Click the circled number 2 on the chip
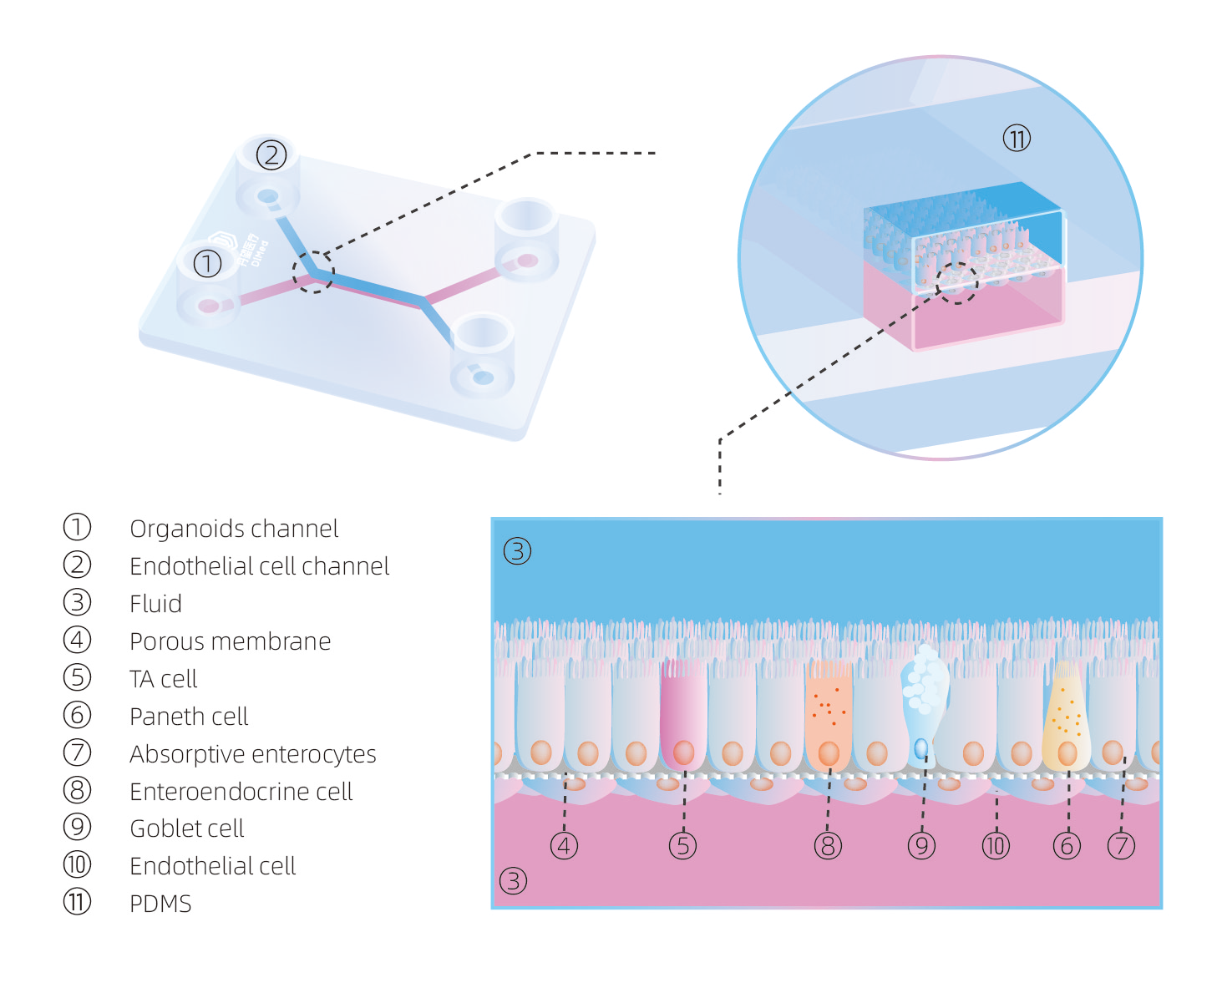click(x=271, y=155)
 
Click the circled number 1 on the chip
click(x=207, y=264)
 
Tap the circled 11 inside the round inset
click(x=1017, y=138)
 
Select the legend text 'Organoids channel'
click(x=234, y=529)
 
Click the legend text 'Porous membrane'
click(x=230, y=641)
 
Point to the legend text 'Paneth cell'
click(x=189, y=717)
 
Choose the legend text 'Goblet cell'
click(x=186, y=828)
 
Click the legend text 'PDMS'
click(x=160, y=904)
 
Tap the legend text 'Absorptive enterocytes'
click(x=252, y=754)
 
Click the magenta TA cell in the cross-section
click(x=683, y=714)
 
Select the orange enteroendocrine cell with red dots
click(x=828, y=714)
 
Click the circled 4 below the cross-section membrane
click(x=565, y=846)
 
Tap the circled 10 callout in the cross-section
click(x=996, y=846)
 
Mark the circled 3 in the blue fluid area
click(x=517, y=551)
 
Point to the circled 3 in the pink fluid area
click(x=513, y=880)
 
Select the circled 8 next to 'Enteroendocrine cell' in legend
click(x=77, y=790)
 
